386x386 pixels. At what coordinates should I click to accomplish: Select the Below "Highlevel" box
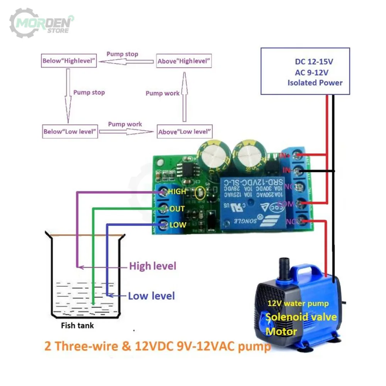point(68,61)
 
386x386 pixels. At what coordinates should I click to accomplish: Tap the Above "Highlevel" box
point(184,61)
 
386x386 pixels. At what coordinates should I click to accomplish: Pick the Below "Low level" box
point(69,132)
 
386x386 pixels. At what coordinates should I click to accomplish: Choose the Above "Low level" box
point(185,132)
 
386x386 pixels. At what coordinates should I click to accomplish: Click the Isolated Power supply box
point(305,71)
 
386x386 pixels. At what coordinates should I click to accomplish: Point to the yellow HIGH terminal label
point(177,191)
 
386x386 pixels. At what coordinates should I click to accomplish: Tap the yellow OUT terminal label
point(177,209)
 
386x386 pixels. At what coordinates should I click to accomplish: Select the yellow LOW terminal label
point(178,225)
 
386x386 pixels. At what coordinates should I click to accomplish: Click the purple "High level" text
point(152,266)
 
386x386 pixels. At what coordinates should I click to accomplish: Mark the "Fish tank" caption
point(77,325)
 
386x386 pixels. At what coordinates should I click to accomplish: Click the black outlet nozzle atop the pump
point(284,266)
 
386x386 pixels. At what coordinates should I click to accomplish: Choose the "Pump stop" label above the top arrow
point(122,54)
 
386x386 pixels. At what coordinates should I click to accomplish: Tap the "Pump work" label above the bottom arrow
point(125,124)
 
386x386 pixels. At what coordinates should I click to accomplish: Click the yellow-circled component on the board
point(200,193)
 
